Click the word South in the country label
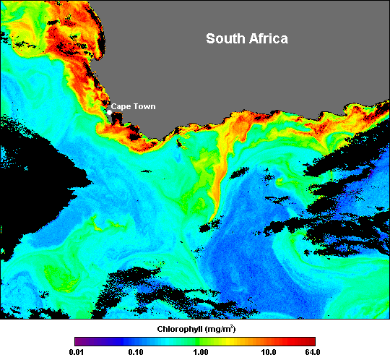tap(225, 38)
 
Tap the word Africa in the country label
tap(267, 38)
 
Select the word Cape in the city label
tap(121, 106)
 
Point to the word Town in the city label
tap(144, 106)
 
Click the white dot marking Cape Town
tap(109, 111)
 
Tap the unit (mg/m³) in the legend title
tap(220, 328)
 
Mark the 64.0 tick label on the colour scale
tap(313, 352)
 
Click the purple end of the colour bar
tap(78, 340)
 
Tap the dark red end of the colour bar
tap(311, 340)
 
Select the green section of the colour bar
tap(206, 340)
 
